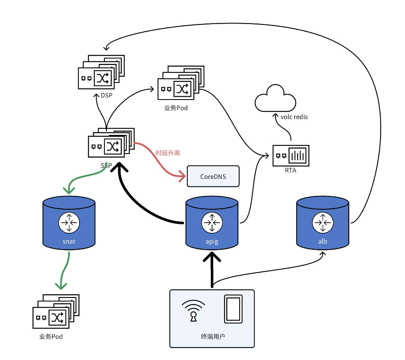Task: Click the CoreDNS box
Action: point(213,176)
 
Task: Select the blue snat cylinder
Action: point(69,223)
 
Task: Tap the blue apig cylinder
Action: point(212,223)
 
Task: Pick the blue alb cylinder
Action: point(323,223)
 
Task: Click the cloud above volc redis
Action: point(275,98)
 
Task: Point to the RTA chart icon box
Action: point(290,156)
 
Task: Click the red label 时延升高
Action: point(168,153)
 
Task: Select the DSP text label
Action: point(106,96)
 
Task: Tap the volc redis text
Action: point(294,117)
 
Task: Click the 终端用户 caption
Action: point(212,336)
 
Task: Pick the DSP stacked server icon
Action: point(101,72)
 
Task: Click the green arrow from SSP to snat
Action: point(87,178)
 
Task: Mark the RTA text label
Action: point(290,171)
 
